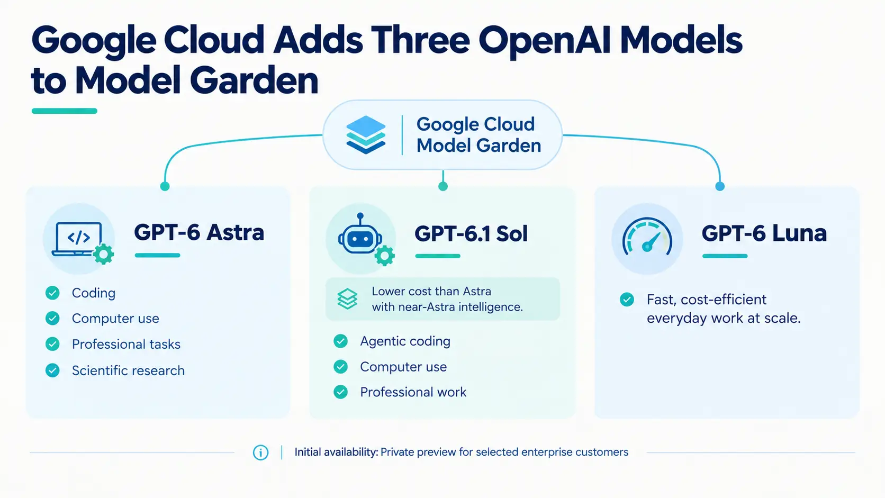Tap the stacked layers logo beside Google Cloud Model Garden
(x=366, y=134)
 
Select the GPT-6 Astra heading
(x=199, y=232)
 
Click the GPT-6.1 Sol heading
(x=471, y=233)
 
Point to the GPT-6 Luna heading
(x=764, y=233)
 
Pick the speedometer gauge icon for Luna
(x=647, y=236)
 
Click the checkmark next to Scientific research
(x=52, y=370)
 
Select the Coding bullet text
(x=94, y=293)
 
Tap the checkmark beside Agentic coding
(x=340, y=341)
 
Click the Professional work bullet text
(x=413, y=392)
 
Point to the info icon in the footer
(x=261, y=452)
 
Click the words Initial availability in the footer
(x=336, y=452)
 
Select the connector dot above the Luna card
(x=720, y=186)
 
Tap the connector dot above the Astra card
(x=165, y=186)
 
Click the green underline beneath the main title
(x=65, y=111)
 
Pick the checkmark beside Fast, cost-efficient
(x=627, y=300)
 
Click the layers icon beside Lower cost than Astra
(x=347, y=298)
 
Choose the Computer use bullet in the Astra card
(x=115, y=318)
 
